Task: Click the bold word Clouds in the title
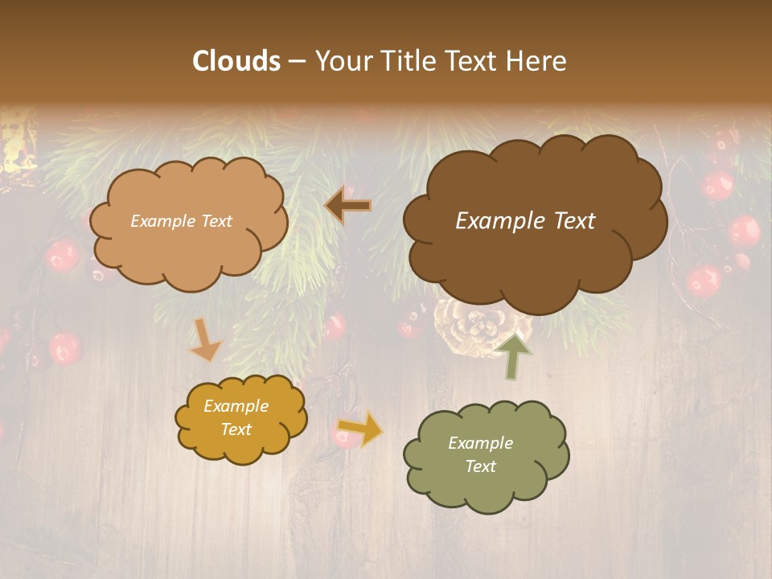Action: click(x=236, y=61)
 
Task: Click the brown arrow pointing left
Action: click(x=348, y=206)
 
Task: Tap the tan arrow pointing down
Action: click(x=204, y=340)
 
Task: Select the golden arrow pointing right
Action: click(x=359, y=429)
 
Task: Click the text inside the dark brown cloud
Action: click(x=525, y=221)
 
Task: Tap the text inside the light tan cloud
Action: click(x=181, y=221)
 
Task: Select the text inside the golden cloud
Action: click(x=236, y=418)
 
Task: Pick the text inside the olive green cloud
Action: click(x=480, y=454)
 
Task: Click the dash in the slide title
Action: click(x=297, y=62)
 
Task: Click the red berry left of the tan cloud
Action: click(x=62, y=256)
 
